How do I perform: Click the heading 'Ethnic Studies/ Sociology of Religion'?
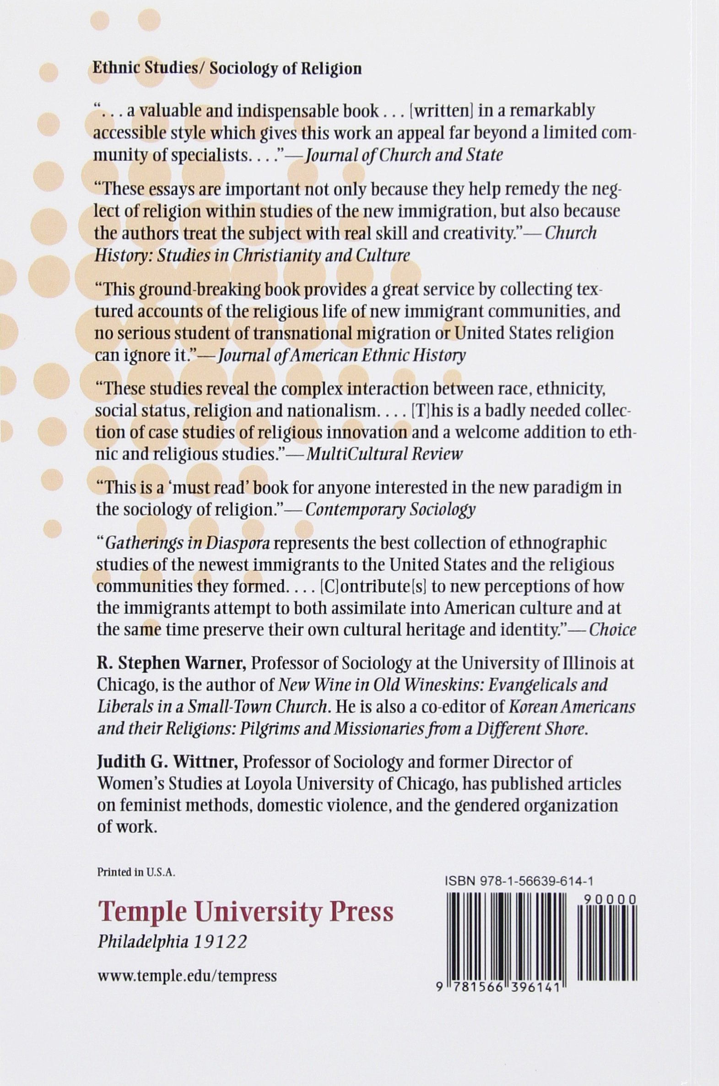click(x=227, y=69)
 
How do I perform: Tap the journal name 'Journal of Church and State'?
click(x=404, y=155)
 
